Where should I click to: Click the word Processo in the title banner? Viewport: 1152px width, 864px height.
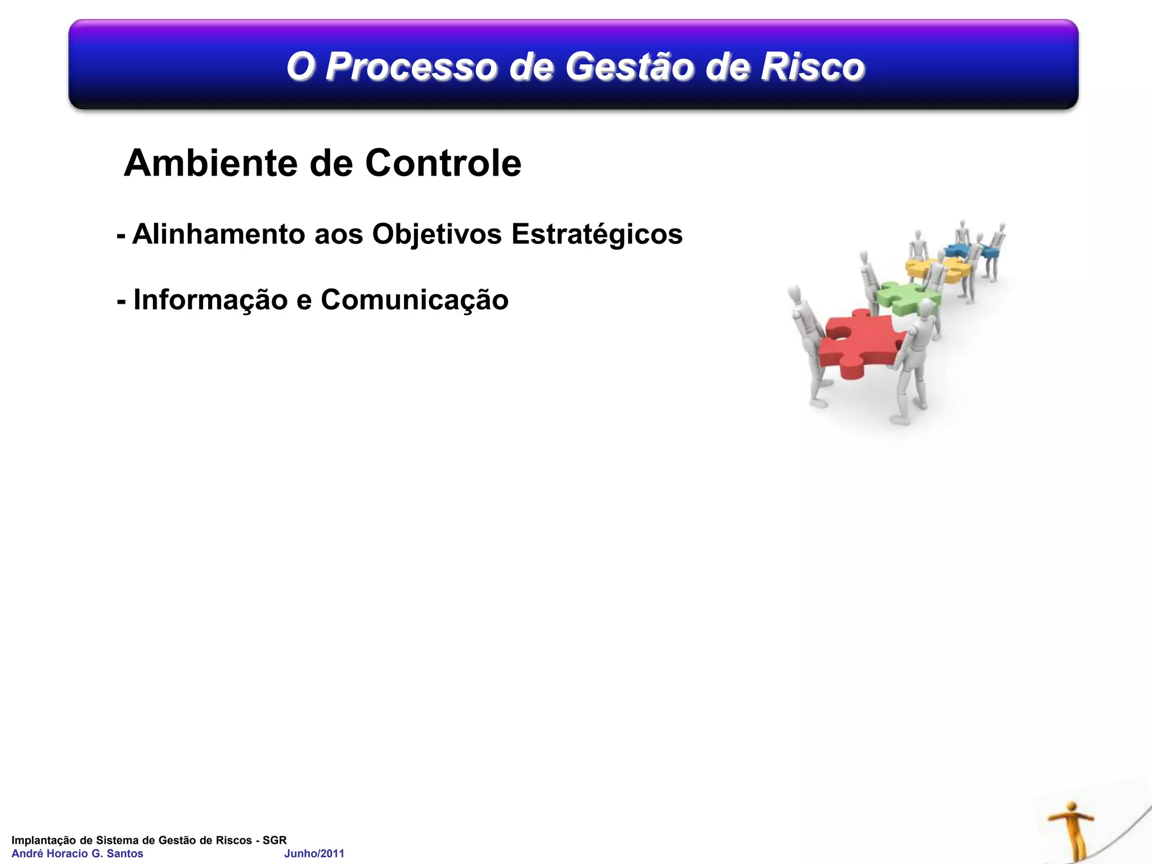(x=411, y=67)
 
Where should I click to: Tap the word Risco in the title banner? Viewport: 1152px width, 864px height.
(x=812, y=67)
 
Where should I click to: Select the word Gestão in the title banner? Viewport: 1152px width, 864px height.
(x=629, y=67)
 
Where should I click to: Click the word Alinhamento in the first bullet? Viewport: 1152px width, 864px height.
(x=219, y=234)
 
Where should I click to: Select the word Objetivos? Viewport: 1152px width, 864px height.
(x=436, y=234)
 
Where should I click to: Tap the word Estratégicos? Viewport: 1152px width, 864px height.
(x=597, y=235)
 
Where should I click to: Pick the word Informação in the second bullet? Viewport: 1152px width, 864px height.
(x=210, y=300)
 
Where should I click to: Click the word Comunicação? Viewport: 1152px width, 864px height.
(x=415, y=300)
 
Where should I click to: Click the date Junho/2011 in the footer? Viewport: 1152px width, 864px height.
(x=314, y=853)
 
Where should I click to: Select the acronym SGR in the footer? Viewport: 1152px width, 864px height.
(x=274, y=840)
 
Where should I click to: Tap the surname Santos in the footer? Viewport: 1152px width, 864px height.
(x=125, y=853)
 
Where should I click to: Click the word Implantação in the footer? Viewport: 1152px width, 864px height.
(x=43, y=840)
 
